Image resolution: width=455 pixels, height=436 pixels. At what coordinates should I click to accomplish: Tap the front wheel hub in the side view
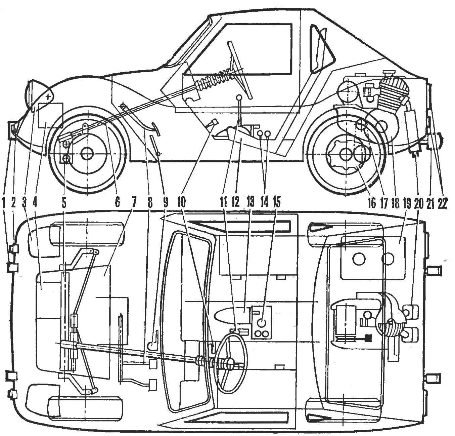(87, 154)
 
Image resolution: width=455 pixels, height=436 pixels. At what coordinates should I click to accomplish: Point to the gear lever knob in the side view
(239, 97)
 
